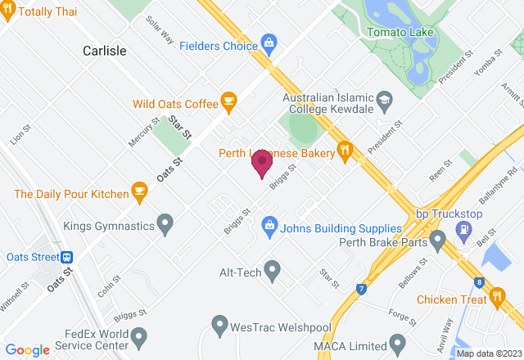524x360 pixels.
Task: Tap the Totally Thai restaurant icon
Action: coord(8,12)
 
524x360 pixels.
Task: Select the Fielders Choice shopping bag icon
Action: coord(268,41)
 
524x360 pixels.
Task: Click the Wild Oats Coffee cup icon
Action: coord(228,103)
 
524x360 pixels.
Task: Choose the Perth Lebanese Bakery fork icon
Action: coord(346,151)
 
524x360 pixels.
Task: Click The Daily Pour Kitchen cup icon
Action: coord(139,194)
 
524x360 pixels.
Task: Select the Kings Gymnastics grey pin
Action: coord(165,222)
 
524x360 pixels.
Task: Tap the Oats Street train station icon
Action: coord(65,257)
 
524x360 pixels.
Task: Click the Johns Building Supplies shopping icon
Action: coord(268,223)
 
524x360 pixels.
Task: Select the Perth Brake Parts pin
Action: coord(437,241)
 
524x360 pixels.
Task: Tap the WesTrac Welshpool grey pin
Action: coord(219,325)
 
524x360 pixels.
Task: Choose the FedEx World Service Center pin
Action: coord(138,335)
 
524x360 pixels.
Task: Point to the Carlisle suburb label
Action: coord(105,51)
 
